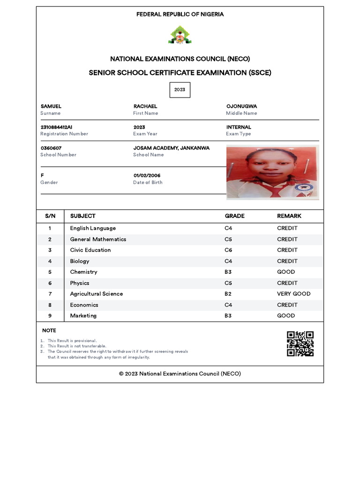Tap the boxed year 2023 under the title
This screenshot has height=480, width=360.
(180, 90)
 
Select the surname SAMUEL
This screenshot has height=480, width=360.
(51, 106)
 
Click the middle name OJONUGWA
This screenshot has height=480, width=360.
(241, 106)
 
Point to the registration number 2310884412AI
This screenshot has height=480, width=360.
(56, 127)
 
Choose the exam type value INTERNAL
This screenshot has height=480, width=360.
(239, 127)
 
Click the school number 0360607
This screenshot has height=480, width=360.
(51, 148)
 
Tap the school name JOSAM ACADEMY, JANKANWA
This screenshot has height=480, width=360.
(171, 148)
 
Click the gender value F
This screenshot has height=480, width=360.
(42, 175)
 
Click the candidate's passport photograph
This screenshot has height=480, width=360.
(272, 172)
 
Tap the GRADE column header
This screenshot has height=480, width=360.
(234, 216)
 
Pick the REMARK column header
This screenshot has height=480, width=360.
(289, 216)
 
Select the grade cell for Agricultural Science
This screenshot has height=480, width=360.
(228, 294)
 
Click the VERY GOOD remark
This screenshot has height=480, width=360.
(293, 294)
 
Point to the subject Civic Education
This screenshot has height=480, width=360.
(90, 250)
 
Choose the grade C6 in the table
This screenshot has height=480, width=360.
(228, 250)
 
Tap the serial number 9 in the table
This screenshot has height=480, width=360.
(50, 316)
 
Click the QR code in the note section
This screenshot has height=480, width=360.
(300, 344)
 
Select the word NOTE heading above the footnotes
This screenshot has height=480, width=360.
(49, 331)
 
